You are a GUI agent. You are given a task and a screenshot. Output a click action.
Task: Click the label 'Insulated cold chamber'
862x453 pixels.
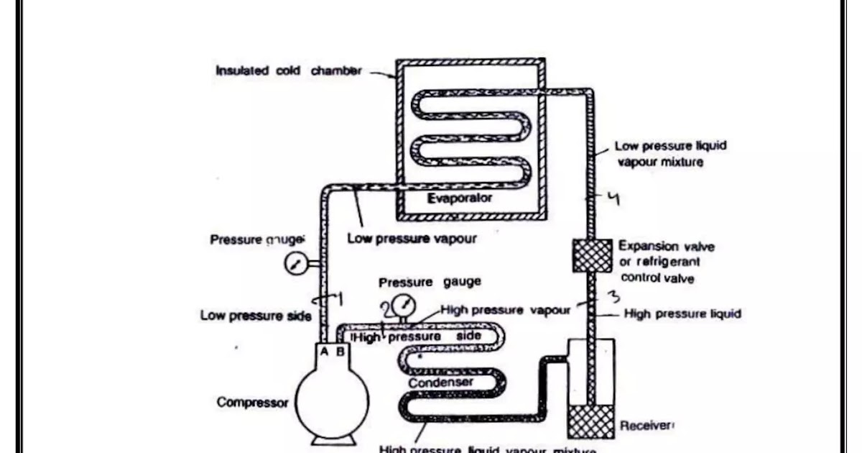288,71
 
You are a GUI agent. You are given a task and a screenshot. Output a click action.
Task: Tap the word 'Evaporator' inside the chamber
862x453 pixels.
460,198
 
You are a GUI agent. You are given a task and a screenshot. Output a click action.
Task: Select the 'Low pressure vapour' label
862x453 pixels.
412,239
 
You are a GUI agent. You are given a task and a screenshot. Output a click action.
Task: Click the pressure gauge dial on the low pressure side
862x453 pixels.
295,265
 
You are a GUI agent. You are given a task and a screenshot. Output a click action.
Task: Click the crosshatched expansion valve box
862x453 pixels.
592,256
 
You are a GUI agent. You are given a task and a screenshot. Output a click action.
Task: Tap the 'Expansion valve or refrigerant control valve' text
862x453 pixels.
667,262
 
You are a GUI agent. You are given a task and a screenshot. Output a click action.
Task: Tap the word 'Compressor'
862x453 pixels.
253,402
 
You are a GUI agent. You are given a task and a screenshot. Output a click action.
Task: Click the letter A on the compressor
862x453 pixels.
324,352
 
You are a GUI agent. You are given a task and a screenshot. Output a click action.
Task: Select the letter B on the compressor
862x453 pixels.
340,352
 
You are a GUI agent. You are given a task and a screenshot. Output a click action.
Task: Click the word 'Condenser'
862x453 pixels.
441,383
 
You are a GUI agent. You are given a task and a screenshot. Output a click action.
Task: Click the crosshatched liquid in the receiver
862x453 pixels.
591,421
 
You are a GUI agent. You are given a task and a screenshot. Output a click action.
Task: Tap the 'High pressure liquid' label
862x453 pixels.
682,314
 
